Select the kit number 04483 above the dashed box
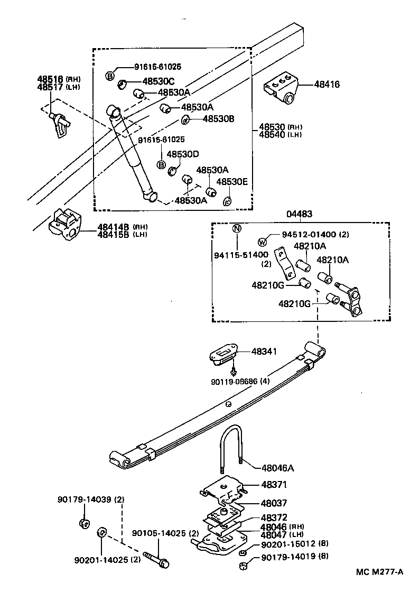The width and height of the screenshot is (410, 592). pos(299,214)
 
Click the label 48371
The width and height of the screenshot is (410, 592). pos(273,484)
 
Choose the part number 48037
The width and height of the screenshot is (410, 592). pos(273,503)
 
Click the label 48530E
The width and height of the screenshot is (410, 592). pos(233,181)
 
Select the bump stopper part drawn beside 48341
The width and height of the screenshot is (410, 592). pos(222,353)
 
